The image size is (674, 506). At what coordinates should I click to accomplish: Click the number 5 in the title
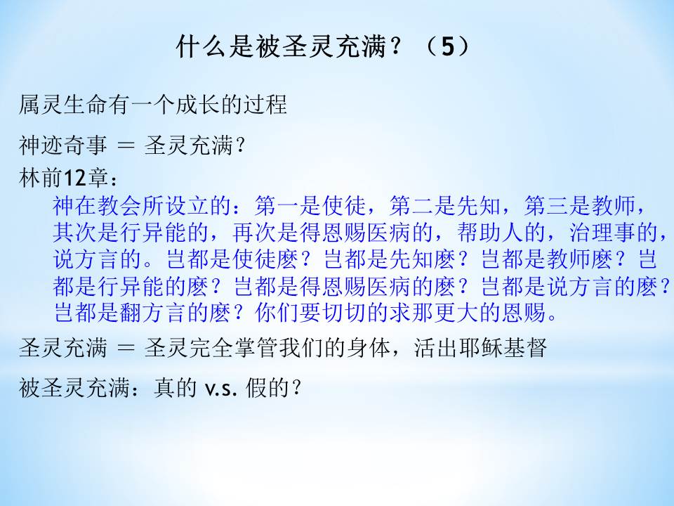tap(447, 46)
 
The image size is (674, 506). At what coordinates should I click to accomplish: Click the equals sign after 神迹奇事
tap(126, 145)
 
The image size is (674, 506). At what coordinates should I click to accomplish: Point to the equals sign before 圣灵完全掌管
tap(126, 348)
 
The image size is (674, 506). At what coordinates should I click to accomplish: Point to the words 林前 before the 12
tap(41, 178)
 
